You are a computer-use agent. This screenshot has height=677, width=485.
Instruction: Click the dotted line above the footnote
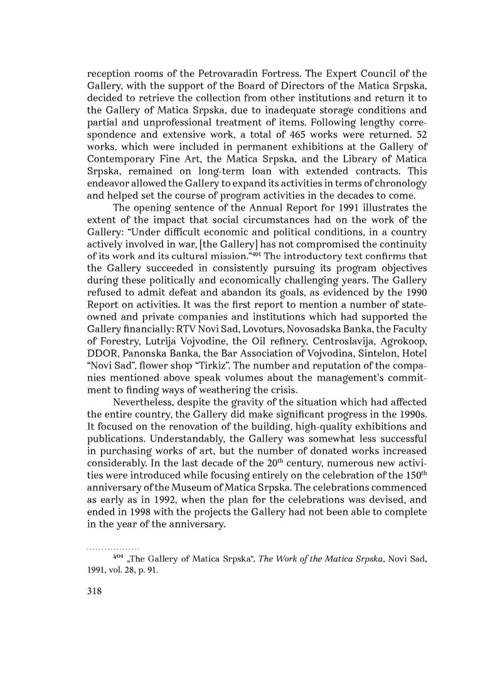point(112,548)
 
